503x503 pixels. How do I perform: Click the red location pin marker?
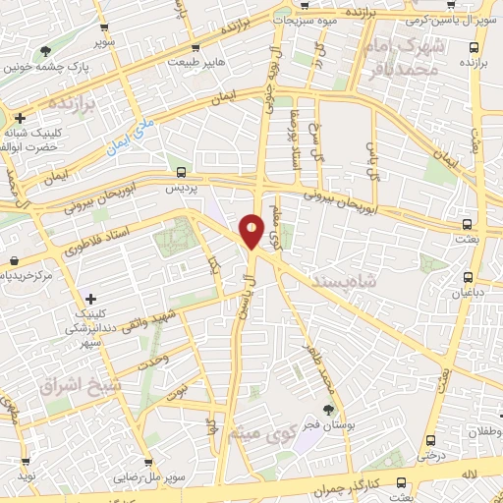tap(251, 230)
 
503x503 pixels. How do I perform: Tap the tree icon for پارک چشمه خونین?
tap(45, 51)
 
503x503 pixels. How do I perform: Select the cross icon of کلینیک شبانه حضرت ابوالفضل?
tap(20, 118)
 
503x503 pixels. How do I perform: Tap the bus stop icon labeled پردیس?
tap(166, 171)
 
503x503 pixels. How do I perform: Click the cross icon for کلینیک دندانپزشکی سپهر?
tap(90, 299)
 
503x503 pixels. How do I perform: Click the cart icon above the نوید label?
tap(21, 458)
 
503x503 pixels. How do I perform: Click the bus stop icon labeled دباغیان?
tap(469, 277)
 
